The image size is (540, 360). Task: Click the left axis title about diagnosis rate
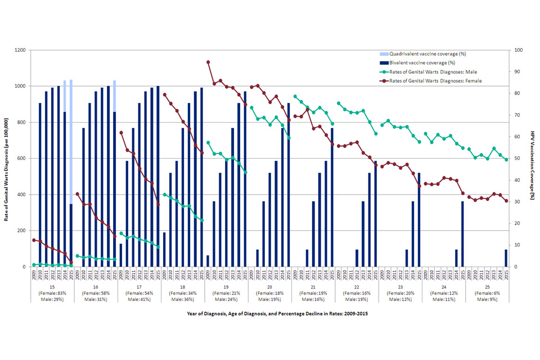(7, 158)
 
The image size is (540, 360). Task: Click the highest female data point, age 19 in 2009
(208, 62)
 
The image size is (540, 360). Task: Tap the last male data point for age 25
(506, 160)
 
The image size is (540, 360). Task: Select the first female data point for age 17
(121, 133)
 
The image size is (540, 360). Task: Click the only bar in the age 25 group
(506, 258)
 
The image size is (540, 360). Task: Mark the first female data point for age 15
(34, 240)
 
